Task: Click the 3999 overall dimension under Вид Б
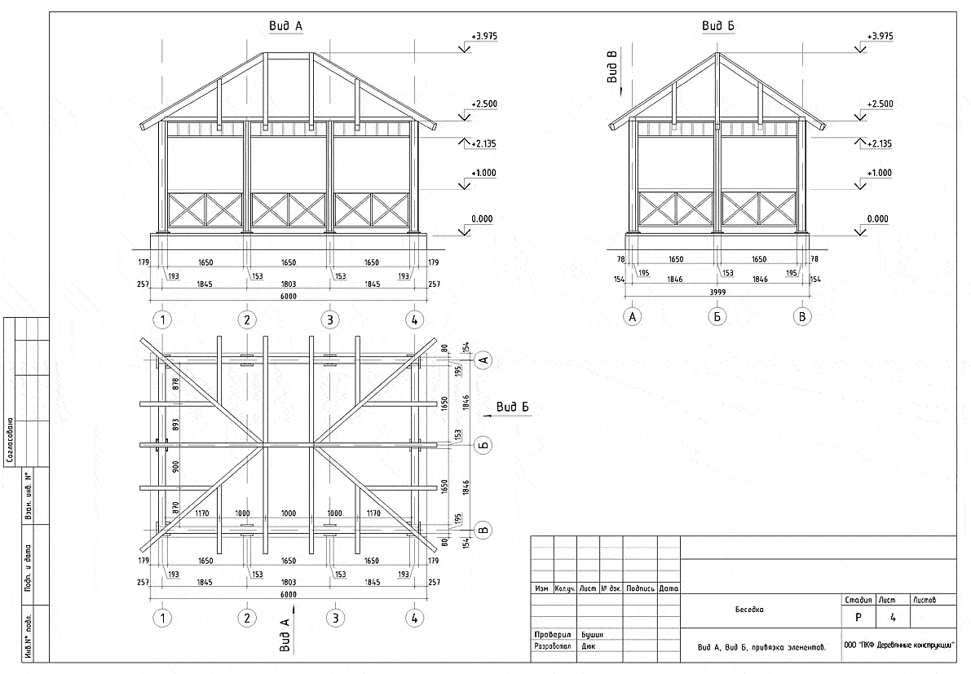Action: [x=717, y=291]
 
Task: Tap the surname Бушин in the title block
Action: [x=591, y=633]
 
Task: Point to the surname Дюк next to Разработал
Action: [x=587, y=645]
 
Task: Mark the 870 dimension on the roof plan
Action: [x=174, y=506]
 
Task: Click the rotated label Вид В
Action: [x=613, y=67]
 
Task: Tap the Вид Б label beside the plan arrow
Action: [x=514, y=407]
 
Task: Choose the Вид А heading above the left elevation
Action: [x=285, y=26]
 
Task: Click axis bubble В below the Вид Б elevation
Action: [x=803, y=317]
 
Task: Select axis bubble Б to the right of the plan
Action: [x=483, y=445]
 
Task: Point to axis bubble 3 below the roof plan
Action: [x=333, y=618]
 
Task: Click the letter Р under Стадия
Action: [x=858, y=618]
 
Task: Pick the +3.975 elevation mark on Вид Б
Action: [x=881, y=37]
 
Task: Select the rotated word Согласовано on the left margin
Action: [x=9, y=440]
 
